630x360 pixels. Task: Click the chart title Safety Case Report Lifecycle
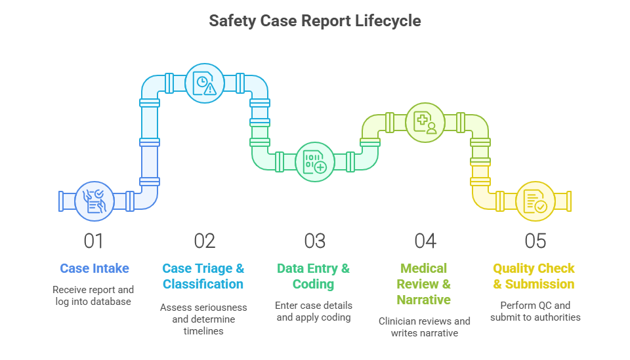coord(314,21)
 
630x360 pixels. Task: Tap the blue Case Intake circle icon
coord(94,201)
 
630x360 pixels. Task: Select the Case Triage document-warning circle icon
coord(205,83)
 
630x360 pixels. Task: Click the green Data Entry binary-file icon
coord(315,162)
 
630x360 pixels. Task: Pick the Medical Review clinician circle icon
coord(425,123)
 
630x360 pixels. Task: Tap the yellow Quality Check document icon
coord(535,201)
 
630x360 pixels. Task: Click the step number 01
coord(94,241)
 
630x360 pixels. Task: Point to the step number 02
coord(205,241)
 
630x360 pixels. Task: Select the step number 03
coord(314,241)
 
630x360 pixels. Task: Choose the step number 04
coord(425,241)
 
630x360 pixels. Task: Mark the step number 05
coord(535,241)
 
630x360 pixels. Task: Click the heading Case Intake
coord(94,268)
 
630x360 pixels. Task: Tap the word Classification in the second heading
coord(203,284)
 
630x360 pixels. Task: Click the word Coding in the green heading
coord(314,284)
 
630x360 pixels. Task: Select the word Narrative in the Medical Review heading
coord(423,300)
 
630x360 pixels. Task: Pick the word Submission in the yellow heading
coord(539,284)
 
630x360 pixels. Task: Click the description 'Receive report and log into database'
coord(93,295)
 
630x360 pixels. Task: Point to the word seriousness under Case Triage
coord(219,308)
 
